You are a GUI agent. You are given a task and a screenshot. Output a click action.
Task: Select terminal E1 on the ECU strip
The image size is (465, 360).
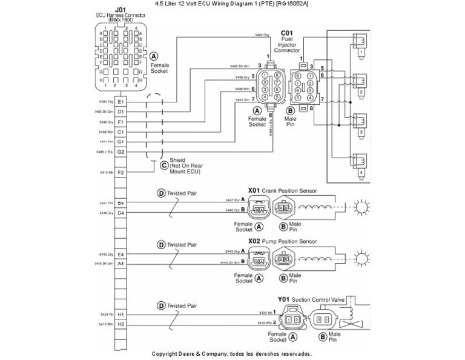120,102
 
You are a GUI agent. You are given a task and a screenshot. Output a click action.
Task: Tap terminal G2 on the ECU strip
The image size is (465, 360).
120,152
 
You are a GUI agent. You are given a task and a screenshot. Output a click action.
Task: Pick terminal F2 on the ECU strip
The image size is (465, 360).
120,173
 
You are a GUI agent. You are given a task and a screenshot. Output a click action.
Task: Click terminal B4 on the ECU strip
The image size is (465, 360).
120,203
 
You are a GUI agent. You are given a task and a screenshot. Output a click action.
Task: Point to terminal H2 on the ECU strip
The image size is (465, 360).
120,325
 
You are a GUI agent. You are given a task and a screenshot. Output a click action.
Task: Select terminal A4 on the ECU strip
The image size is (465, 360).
120,264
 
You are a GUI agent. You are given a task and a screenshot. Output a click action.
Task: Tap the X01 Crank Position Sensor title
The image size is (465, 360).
282,190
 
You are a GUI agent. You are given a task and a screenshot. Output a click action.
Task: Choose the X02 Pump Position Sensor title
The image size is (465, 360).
282,241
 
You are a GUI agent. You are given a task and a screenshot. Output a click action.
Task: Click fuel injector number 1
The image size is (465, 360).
361,42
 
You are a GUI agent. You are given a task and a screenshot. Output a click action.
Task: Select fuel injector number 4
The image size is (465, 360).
361,162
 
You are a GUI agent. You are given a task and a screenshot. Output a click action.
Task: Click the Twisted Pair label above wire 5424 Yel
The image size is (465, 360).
182,305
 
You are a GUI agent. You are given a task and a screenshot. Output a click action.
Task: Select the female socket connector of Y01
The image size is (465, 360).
293,319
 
